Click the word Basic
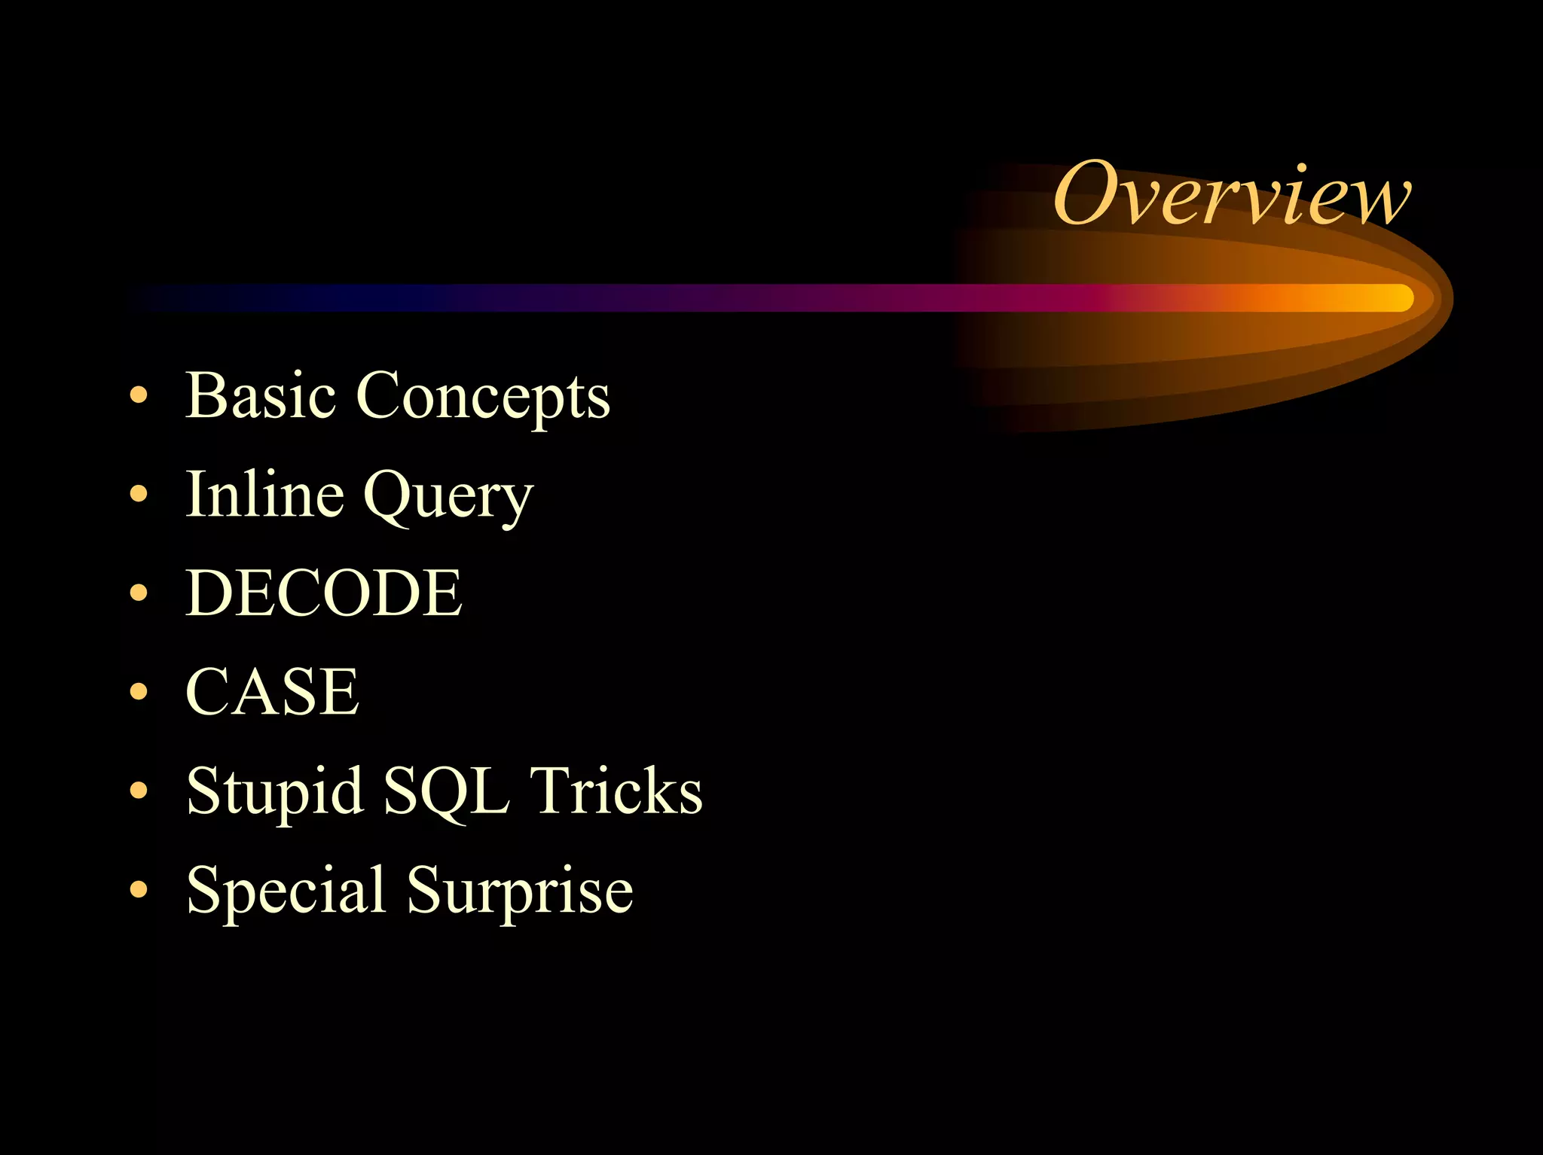tap(260, 396)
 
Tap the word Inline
tap(264, 494)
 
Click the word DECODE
tap(324, 593)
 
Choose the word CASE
tap(272, 692)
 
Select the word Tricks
tap(616, 791)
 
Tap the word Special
tap(286, 891)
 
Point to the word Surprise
tap(520, 891)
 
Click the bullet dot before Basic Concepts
tap(139, 395)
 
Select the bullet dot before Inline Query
tap(139, 494)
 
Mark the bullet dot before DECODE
tap(139, 593)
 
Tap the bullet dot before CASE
tap(139, 691)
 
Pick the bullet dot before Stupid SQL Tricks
tap(139, 791)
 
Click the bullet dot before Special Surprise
tap(139, 889)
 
